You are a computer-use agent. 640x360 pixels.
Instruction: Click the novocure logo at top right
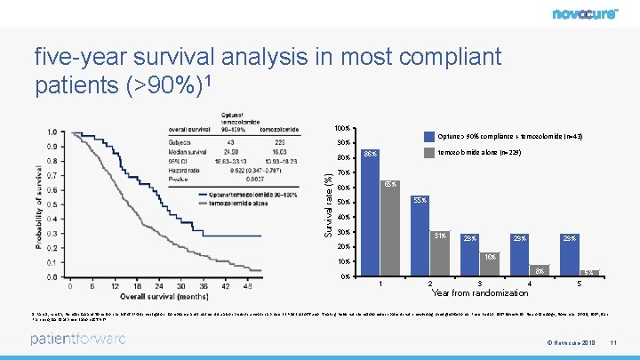590,14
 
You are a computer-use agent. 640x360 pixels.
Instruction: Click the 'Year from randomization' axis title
480,292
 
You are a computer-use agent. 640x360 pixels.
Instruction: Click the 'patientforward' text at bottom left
77,339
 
